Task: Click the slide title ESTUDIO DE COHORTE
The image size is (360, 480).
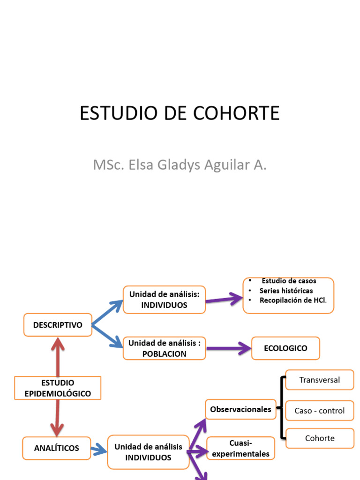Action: tap(180, 113)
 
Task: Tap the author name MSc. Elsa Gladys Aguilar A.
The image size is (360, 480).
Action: tap(180, 165)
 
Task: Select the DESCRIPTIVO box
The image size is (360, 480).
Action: tap(58, 325)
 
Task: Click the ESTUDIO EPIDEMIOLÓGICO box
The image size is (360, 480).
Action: tap(58, 388)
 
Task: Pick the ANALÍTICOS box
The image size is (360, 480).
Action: tap(57, 448)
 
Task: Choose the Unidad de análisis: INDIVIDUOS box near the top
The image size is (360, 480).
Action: tap(164, 300)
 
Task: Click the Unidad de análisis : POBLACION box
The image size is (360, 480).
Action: tap(164, 348)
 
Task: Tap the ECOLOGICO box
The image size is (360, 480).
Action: tap(285, 348)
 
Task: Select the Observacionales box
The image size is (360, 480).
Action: tap(240, 409)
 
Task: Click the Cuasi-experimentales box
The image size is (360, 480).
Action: tap(240, 448)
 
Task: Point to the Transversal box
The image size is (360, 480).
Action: tap(320, 380)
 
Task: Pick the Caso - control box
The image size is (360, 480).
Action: tap(320, 411)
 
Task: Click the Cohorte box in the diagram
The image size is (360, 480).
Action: tap(320, 438)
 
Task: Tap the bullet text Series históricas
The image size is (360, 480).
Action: tap(286, 291)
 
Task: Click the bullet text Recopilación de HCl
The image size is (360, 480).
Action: tap(293, 300)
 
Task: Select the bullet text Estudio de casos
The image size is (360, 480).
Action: tap(289, 281)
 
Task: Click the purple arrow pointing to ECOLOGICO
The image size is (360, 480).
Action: tap(228, 348)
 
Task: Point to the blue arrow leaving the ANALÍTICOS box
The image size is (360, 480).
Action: tap(98, 450)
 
